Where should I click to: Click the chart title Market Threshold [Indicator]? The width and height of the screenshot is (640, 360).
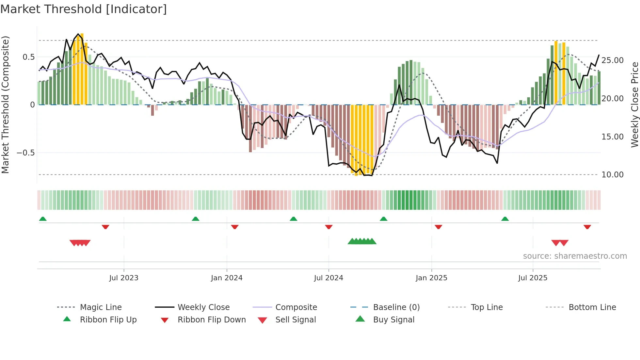(x=84, y=9)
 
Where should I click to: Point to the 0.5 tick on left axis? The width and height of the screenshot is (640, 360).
(x=28, y=57)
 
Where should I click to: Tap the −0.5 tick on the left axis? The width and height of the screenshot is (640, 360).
(x=26, y=153)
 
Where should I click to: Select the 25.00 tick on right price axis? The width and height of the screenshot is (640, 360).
(x=612, y=60)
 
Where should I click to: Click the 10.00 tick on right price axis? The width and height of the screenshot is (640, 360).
(x=612, y=175)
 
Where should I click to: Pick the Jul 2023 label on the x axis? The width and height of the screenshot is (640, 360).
(x=124, y=278)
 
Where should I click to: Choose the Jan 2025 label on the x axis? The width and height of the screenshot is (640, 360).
(x=431, y=278)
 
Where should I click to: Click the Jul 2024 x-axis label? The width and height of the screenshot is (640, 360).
(x=328, y=278)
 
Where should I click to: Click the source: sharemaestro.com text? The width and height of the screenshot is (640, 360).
(x=575, y=256)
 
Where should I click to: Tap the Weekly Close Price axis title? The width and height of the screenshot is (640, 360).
(x=634, y=105)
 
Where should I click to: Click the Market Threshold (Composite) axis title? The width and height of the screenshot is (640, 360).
(x=5, y=105)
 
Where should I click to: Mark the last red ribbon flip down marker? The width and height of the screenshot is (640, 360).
(x=587, y=227)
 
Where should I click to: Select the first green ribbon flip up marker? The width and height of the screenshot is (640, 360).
(x=43, y=219)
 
